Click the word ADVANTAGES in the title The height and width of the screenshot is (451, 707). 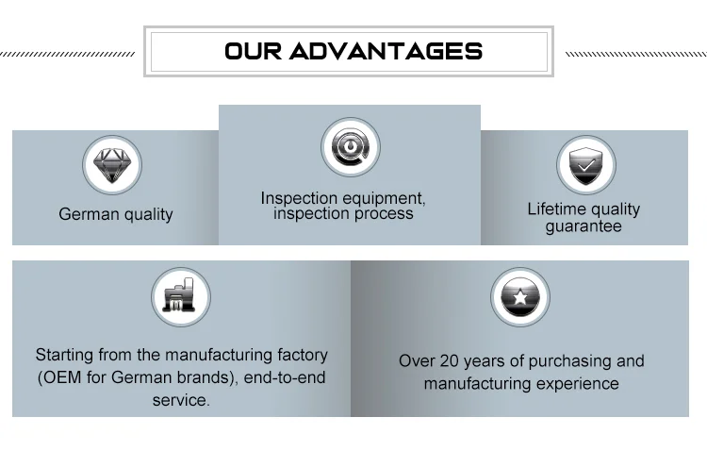point(386,51)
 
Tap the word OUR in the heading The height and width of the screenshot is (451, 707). point(253,51)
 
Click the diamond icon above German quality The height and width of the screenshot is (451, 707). point(112,165)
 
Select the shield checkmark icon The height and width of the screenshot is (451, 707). point(585,165)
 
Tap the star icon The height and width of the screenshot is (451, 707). point(519,298)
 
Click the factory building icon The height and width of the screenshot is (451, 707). point(180,298)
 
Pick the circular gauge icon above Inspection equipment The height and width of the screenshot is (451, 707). point(350,147)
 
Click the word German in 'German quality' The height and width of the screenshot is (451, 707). point(87,214)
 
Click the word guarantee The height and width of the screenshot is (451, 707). point(584,226)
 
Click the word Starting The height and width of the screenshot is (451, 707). point(65,356)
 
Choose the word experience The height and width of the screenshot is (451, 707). point(575,383)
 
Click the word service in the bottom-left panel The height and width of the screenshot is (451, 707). point(179,400)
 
